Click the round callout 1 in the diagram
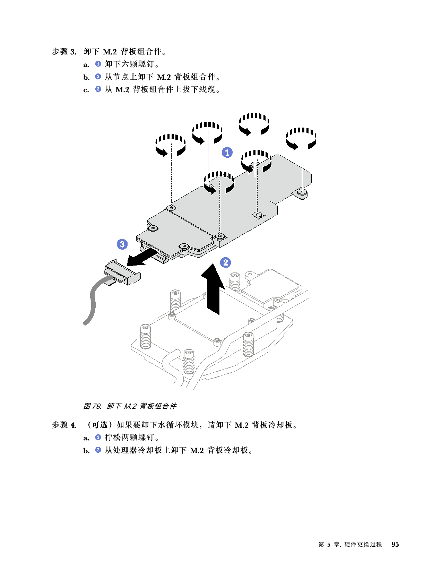pos(227,152)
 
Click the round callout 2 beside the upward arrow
pos(226,262)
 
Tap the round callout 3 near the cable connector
pos(122,244)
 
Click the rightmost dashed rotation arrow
pos(301,139)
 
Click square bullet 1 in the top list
pos(98,64)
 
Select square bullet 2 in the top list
pos(98,77)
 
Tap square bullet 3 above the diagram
pos(98,89)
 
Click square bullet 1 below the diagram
pos(98,437)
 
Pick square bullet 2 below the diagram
pos(98,450)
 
